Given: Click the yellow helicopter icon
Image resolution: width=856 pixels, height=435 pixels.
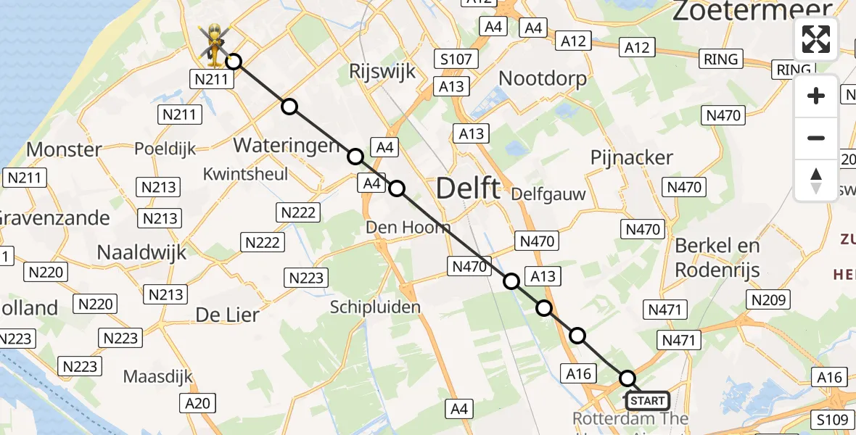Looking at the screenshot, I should coord(215,42).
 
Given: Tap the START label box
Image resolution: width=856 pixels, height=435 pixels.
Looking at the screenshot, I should coord(647,401).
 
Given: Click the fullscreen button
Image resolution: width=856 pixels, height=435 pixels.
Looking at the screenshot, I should coord(816,39).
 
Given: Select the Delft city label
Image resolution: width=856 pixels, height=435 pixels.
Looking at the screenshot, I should coord(468,189).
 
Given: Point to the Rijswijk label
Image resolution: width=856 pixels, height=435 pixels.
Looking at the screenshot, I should coord(382,71).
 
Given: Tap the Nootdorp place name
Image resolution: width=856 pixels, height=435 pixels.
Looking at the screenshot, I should coord(543,78).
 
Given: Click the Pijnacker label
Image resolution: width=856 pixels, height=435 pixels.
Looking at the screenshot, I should coord(631,157).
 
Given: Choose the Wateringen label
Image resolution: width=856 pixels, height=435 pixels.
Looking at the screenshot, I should coord(287,145).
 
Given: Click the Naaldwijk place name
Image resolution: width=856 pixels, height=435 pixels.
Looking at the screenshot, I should coord(142,252).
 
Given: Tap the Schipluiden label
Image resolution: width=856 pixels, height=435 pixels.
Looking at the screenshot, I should coord(375,307).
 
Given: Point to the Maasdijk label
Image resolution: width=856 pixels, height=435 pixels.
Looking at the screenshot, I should coord(159,377).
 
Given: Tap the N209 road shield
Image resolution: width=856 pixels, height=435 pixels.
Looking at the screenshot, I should coord(767,300).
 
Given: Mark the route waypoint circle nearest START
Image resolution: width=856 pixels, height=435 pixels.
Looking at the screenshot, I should coord(627,378).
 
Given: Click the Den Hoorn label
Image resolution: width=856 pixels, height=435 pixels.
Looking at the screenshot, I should coord(402,228).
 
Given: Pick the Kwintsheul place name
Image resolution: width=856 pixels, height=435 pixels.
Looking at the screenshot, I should coord(245,174).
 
